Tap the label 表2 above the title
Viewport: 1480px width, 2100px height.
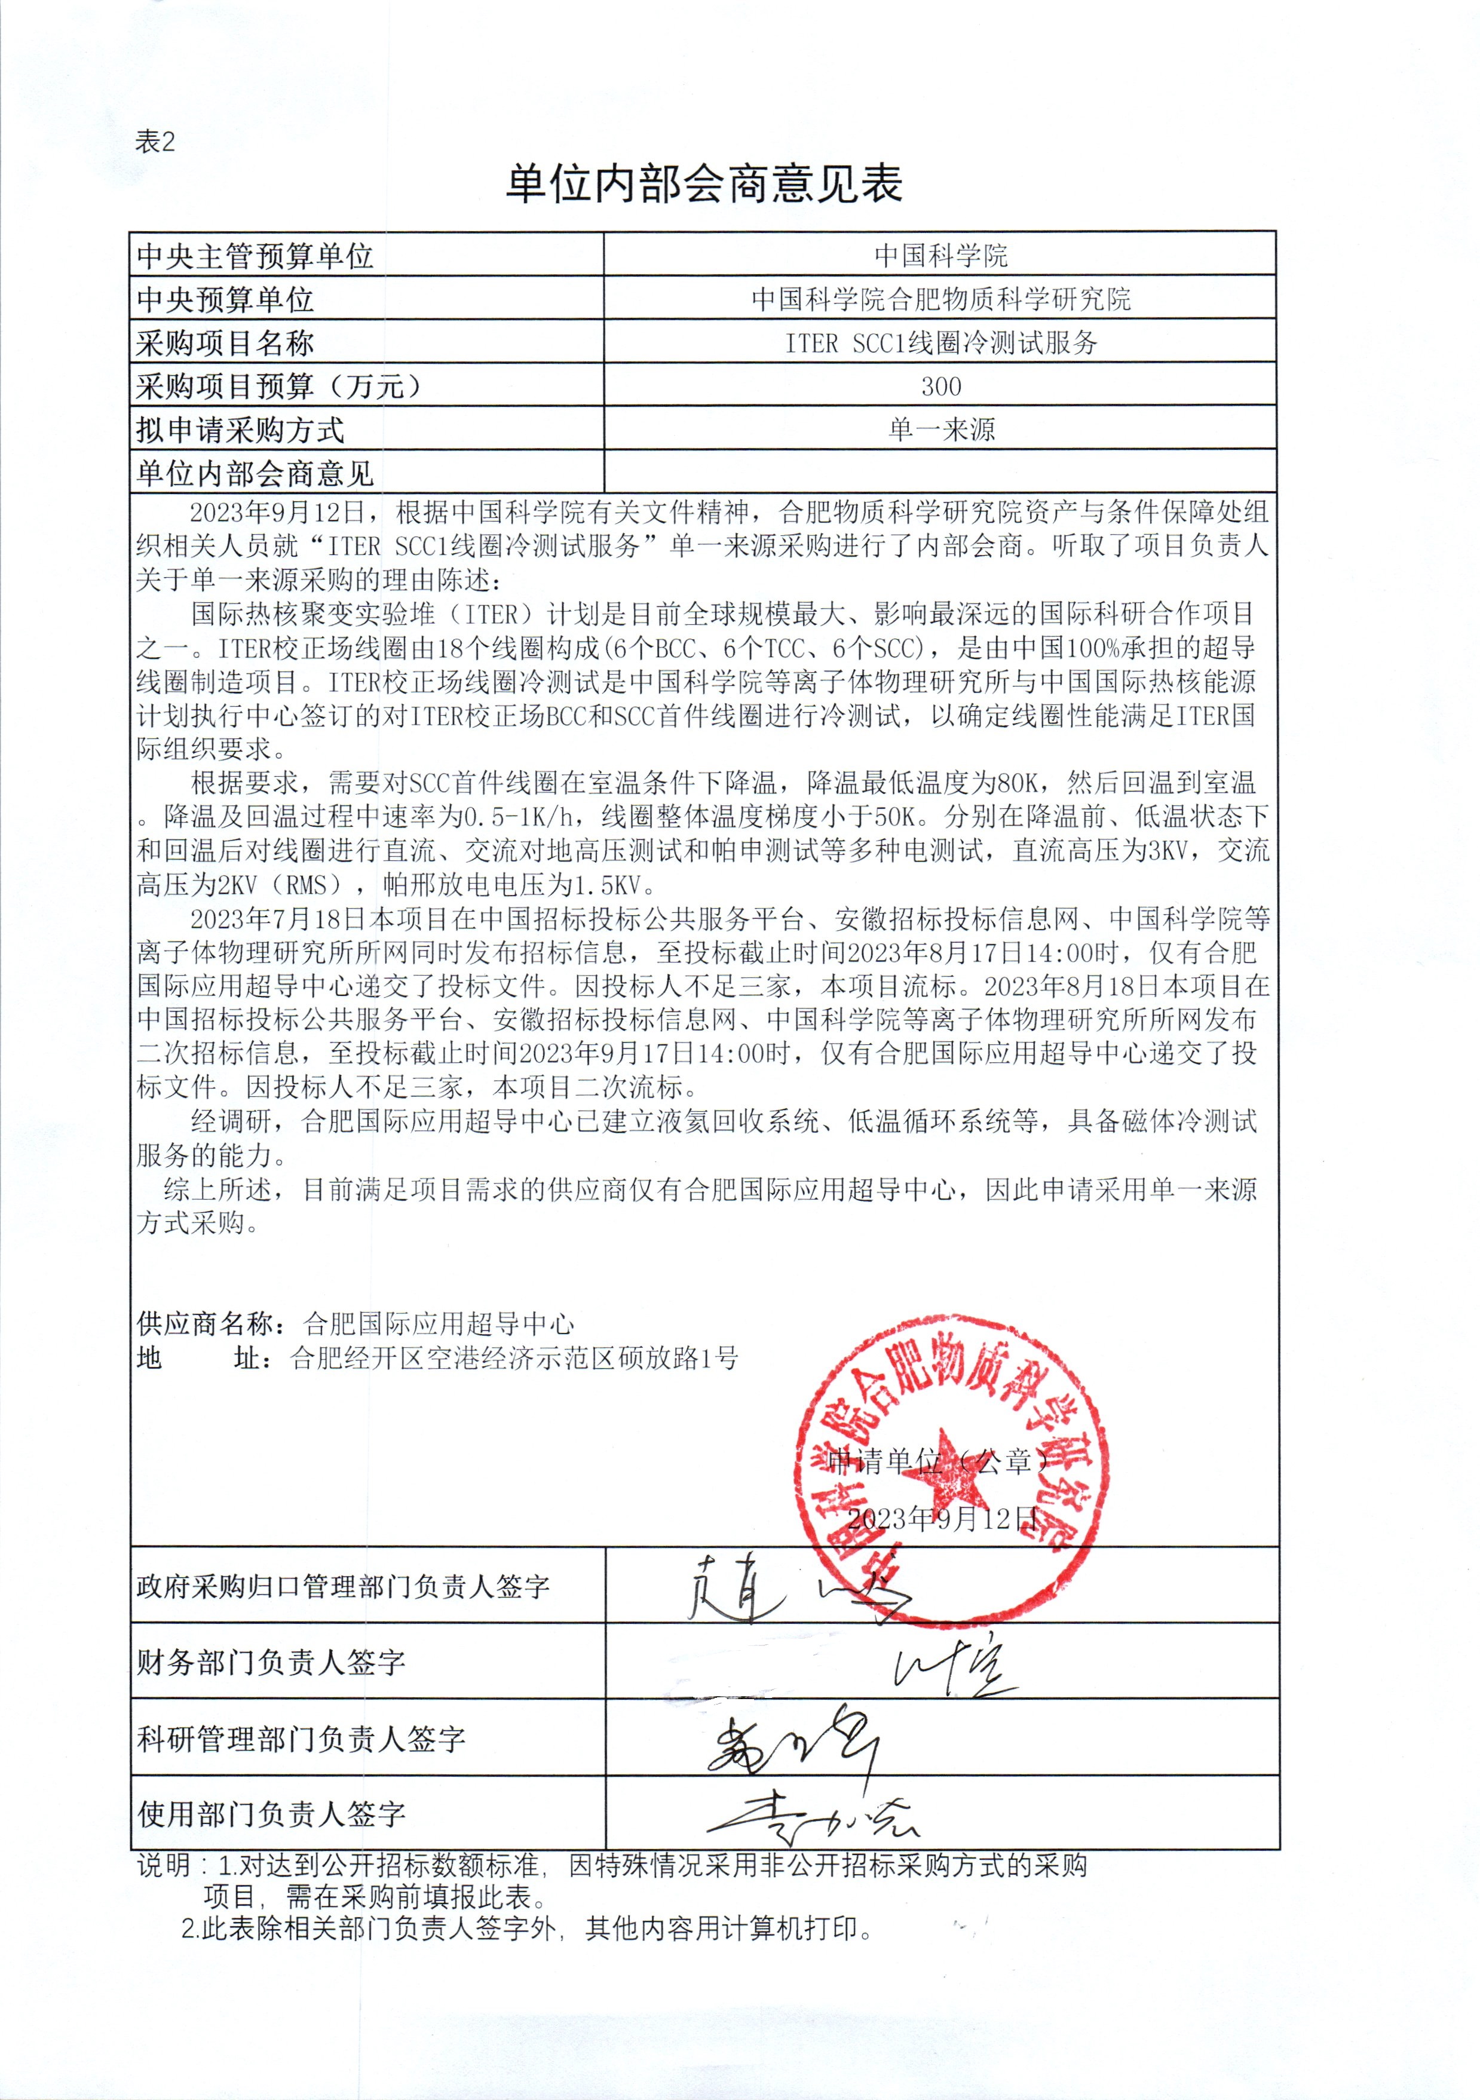155,141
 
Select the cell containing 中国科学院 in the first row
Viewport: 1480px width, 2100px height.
940,255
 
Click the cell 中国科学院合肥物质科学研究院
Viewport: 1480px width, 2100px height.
940,298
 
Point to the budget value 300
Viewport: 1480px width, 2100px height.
940,386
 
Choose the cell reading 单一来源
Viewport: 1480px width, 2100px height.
940,430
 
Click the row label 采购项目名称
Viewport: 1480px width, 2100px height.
225,343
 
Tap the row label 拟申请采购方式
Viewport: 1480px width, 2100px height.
240,430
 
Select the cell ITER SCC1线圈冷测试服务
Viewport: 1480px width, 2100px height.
940,343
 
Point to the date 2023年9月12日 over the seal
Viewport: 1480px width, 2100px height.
942,1519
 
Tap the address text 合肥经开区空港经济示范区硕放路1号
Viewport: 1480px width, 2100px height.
514,1357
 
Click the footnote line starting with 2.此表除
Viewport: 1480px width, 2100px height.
526,1929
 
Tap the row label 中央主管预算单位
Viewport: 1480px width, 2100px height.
255,255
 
